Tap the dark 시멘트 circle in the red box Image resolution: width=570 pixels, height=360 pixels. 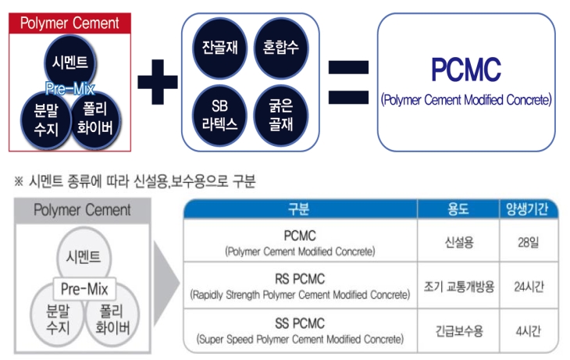[70, 62]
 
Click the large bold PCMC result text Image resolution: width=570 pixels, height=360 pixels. [466, 70]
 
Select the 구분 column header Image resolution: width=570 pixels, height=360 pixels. [299, 209]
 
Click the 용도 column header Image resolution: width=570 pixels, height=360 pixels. [458, 209]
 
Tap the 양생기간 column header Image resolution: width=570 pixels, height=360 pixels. [529, 209]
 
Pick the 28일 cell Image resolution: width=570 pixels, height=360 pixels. [529, 243]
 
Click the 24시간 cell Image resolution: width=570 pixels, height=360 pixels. [529, 287]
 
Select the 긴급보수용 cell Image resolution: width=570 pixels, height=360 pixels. [458, 330]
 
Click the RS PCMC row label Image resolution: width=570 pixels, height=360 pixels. [299, 280]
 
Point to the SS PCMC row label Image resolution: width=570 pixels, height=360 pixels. [299, 323]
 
